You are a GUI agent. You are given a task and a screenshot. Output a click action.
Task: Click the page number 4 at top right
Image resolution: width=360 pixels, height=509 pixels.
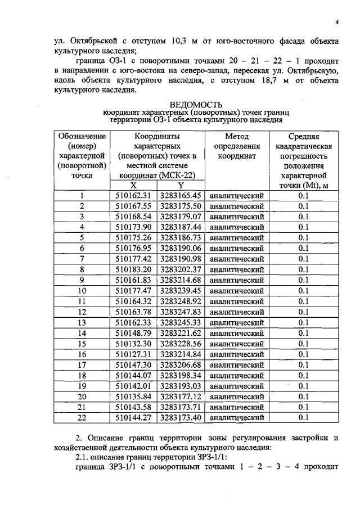click(335, 22)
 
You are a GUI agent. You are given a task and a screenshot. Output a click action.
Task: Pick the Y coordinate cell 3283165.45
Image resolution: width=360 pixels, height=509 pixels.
click(181, 195)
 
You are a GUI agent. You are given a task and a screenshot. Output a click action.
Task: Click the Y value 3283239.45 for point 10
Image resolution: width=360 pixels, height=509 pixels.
click(181, 291)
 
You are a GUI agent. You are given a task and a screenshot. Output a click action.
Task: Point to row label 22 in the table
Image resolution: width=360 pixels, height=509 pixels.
click(82, 417)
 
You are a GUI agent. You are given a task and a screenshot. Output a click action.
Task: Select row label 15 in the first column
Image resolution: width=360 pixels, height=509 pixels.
click(82, 344)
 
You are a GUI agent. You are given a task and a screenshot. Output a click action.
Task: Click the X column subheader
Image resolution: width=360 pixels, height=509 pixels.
click(133, 185)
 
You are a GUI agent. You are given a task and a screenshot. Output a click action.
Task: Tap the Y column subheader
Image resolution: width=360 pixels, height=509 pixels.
click(181, 185)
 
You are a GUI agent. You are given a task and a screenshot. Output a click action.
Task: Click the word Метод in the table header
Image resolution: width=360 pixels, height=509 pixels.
click(236, 136)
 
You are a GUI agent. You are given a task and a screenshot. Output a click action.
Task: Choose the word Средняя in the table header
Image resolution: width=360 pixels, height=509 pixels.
click(304, 136)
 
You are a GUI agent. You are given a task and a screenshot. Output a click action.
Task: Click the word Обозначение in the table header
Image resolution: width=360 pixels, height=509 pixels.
click(82, 136)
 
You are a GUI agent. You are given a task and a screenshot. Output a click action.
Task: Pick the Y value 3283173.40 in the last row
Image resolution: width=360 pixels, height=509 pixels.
click(181, 417)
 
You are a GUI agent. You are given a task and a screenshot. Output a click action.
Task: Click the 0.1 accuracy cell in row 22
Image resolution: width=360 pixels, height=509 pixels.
click(304, 417)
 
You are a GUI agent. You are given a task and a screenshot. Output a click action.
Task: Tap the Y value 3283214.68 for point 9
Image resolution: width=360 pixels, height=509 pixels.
click(181, 280)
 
